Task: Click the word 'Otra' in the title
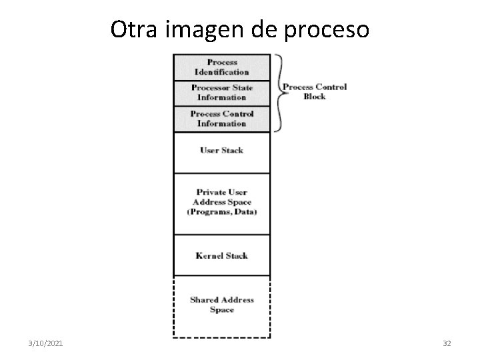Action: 133,29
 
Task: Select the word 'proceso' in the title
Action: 327,31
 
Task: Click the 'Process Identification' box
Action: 222,67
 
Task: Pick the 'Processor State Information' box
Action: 222,93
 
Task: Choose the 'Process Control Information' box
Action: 222,119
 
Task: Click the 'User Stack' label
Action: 222,150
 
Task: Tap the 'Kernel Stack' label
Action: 221,255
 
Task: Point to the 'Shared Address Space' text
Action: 222,305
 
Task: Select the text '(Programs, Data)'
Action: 222,212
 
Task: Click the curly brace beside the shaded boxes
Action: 281,93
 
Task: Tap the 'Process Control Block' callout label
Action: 315,91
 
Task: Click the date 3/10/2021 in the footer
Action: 45,343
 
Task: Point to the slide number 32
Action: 447,343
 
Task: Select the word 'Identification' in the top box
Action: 221,72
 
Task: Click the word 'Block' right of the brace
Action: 315,97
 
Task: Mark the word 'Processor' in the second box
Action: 211,87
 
